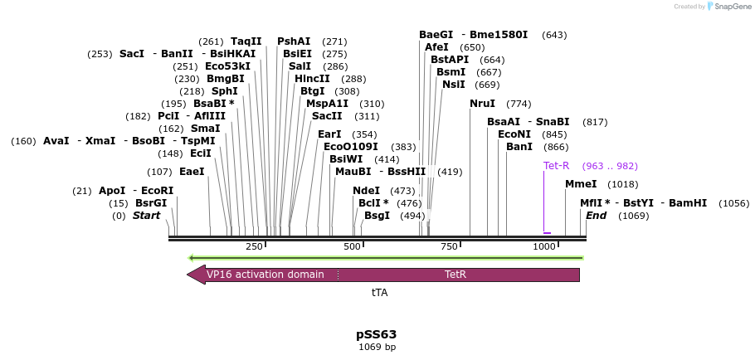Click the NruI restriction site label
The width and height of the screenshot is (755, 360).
click(482, 104)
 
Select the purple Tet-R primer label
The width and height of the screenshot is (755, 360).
click(556, 166)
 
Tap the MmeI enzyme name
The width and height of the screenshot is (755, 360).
click(581, 184)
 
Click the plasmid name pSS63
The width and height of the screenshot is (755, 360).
click(377, 334)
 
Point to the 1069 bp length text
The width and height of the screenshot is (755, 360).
click(377, 347)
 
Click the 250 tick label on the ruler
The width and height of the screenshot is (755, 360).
click(254, 246)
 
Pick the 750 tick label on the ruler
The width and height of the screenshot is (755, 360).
click(449, 246)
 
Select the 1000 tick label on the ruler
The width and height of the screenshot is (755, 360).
click(543, 246)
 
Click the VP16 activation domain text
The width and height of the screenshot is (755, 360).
click(265, 275)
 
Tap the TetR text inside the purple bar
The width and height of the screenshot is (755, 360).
click(455, 275)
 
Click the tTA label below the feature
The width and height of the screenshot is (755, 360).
click(379, 293)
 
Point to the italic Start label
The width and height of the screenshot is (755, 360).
click(146, 216)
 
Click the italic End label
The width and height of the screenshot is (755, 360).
click(596, 216)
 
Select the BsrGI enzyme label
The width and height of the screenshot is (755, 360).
click(151, 203)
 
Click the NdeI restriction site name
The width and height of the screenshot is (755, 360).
click(366, 191)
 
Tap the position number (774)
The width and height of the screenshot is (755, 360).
click(519, 104)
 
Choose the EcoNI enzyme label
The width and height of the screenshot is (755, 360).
click(514, 134)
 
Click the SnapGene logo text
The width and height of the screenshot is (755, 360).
click(728, 7)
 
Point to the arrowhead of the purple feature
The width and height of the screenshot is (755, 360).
click(196, 275)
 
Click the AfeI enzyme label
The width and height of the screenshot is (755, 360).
click(436, 47)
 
